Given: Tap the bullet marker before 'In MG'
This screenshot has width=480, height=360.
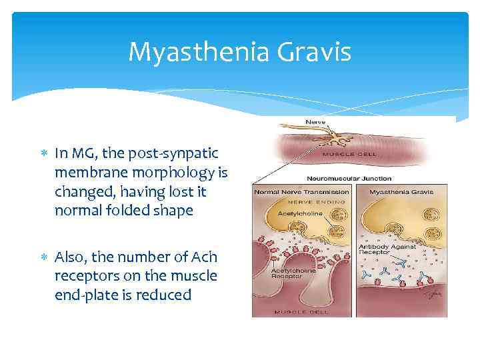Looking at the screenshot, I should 44,153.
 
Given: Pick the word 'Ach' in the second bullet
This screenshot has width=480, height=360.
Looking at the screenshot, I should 204,257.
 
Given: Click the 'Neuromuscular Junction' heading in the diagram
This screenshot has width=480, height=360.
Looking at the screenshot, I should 349,179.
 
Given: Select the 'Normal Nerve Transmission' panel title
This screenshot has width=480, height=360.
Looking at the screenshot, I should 301,192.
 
